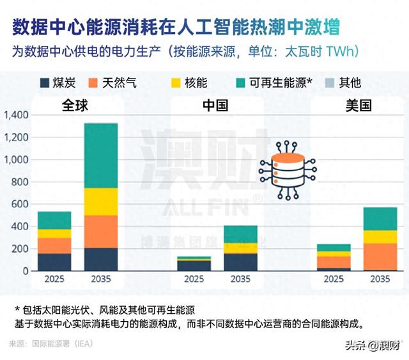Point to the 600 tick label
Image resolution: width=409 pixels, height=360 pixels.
tap(20, 205)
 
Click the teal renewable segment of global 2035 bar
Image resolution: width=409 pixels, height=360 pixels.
tap(101, 155)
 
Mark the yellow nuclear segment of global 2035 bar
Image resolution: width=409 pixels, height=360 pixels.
tap(101, 201)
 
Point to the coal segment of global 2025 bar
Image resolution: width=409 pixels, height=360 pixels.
tap(54, 262)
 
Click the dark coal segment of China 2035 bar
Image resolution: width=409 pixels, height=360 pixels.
tap(240, 262)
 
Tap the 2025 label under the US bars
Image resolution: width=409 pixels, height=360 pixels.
tap(334, 279)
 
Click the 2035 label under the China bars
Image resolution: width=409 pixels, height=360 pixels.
tap(240, 279)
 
